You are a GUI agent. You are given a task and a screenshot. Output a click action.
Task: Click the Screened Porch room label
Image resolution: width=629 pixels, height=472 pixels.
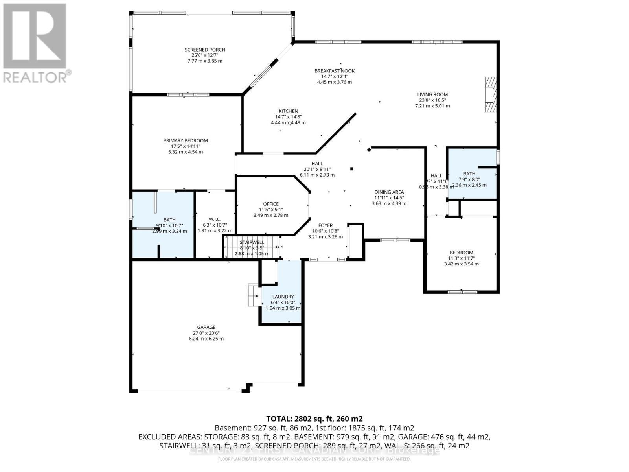pyautogui.click(x=205, y=50)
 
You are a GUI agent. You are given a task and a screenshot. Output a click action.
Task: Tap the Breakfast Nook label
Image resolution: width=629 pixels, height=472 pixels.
pyautogui.click(x=334, y=71)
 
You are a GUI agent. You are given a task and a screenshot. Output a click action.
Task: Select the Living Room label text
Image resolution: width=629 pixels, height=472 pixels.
pyautogui.click(x=432, y=94)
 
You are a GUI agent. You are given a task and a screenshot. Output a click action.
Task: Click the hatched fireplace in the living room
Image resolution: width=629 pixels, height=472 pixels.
pyautogui.click(x=491, y=95)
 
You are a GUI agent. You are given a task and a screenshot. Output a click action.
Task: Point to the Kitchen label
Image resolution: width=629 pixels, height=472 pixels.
pyautogui.click(x=288, y=111)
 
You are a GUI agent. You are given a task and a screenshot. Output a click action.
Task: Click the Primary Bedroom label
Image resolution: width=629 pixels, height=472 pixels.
pyautogui.click(x=186, y=141)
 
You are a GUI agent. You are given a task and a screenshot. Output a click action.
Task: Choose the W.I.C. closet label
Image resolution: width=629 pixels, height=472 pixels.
pyautogui.click(x=215, y=219)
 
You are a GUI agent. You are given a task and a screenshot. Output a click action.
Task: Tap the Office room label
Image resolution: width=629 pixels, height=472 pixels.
pyautogui.click(x=270, y=204)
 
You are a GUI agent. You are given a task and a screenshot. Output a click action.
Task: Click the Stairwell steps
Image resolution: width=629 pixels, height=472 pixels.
pyautogui.click(x=252, y=247)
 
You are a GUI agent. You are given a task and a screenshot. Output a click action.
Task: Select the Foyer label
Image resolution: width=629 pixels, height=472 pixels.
pyautogui.click(x=325, y=225)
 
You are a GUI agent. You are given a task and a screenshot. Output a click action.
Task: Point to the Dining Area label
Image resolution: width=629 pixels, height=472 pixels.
pyautogui.click(x=389, y=192)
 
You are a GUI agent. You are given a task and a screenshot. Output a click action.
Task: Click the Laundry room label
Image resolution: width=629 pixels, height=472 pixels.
pyautogui.click(x=283, y=297)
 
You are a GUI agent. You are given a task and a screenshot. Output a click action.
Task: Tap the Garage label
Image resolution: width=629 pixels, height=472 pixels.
pyautogui.click(x=206, y=327)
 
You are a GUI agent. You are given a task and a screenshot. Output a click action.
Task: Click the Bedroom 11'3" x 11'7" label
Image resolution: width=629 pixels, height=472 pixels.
pyautogui.click(x=461, y=253)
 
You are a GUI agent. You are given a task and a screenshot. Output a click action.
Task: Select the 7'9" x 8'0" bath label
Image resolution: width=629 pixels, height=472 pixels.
pyautogui.click(x=469, y=174)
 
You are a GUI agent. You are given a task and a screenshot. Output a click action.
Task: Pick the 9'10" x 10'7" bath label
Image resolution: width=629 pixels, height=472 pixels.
pyautogui.click(x=169, y=220)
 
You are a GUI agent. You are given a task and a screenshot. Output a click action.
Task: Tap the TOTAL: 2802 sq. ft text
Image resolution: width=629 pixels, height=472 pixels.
pyautogui.click(x=314, y=419)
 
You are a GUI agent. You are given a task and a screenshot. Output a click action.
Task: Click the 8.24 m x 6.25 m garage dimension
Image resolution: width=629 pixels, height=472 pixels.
pyautogui.click(x=206, y=339)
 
